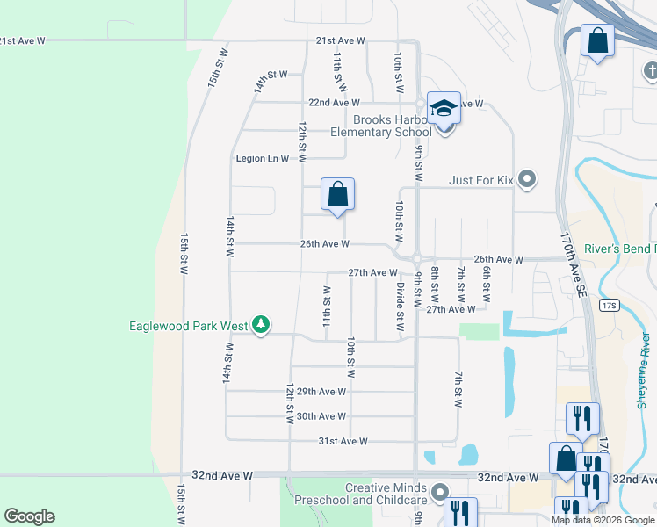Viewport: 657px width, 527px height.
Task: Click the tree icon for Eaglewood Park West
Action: click(260, 326)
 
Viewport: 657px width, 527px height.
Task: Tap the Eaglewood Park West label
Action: click(188, 326)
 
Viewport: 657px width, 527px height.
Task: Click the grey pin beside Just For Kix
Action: click(527, 180)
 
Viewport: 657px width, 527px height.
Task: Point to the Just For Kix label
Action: click(481, 180)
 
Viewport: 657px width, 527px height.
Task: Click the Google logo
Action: click(29, 516)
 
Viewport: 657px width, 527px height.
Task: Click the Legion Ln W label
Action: click(262, 159)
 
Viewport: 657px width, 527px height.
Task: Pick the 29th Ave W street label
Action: click(321, 392)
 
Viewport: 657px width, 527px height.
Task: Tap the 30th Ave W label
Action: click(321, 416)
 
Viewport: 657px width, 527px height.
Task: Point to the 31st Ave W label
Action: click(342, 441)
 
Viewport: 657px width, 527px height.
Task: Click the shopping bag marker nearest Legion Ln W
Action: click(338, 195)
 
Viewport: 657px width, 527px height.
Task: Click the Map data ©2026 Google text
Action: click(603, 520)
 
